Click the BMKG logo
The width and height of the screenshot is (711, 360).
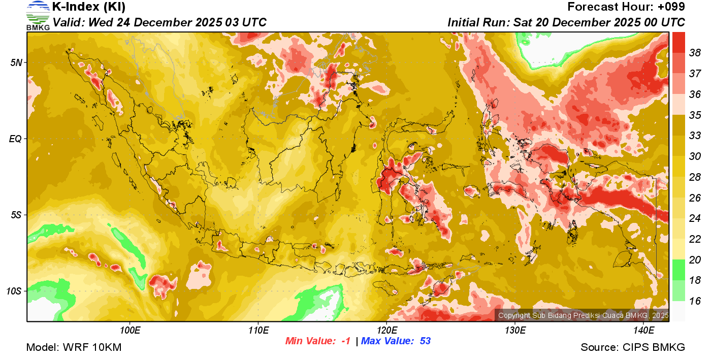point(38,15)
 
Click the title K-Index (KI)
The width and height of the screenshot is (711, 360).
point(89,7)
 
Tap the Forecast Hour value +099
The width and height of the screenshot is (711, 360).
point(671,7)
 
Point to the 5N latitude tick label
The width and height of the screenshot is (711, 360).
point(15,62)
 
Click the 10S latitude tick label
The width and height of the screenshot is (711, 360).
point(13,291)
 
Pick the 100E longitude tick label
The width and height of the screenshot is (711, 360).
point(130,331)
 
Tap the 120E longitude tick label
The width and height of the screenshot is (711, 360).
point(386,331)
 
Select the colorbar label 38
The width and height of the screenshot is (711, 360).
point(695,52)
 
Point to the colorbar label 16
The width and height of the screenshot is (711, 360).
point(695,301)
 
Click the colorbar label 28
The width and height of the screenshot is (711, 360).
point(695,177)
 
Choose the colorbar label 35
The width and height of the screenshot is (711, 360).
point(695,115)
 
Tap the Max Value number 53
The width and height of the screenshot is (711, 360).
point(425,341)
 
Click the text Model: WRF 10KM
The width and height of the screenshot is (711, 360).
point(74,348)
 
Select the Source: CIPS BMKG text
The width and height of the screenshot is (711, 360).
point(633,348)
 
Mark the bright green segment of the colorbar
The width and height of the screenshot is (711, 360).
point(678,270)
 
